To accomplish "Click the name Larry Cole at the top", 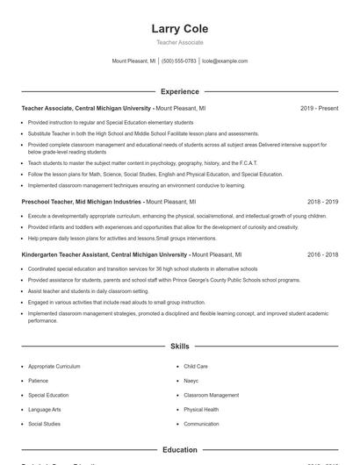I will (x=179, y=29).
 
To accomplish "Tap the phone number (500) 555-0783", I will (x=179, y=61).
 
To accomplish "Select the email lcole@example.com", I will (x=225, y=61).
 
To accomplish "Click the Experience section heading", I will (x=179, y=91).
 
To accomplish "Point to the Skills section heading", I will (x=179, y=347).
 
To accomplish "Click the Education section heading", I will (x=179, y=450).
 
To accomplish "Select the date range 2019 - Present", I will (x=319, y=108).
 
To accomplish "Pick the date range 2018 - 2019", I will (x=322, y=201).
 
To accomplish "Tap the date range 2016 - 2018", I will (x=322, y=254).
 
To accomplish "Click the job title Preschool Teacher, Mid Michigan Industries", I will (x=81, y=201).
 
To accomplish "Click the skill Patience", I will (x=40, y=381).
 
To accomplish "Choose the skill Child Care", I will (x=196, y=366).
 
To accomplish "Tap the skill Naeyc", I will (x=191, y=381).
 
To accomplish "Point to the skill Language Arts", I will (x=45, y=410).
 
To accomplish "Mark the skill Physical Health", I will (x=201, y=410).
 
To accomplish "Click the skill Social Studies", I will (x=45, y=424).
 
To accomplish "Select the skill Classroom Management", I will (x=211, y=395).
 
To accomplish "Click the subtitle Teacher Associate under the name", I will (x=179, y=42).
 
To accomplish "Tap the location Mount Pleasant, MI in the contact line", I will (x=133, y=61).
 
